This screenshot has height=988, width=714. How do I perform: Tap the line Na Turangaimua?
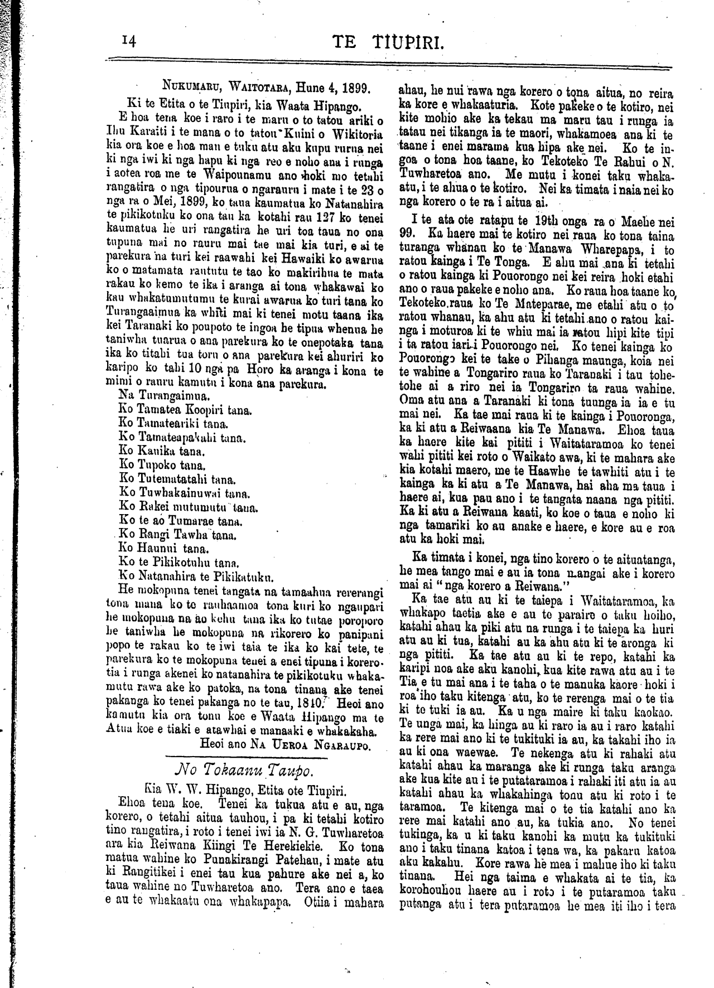157,396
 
